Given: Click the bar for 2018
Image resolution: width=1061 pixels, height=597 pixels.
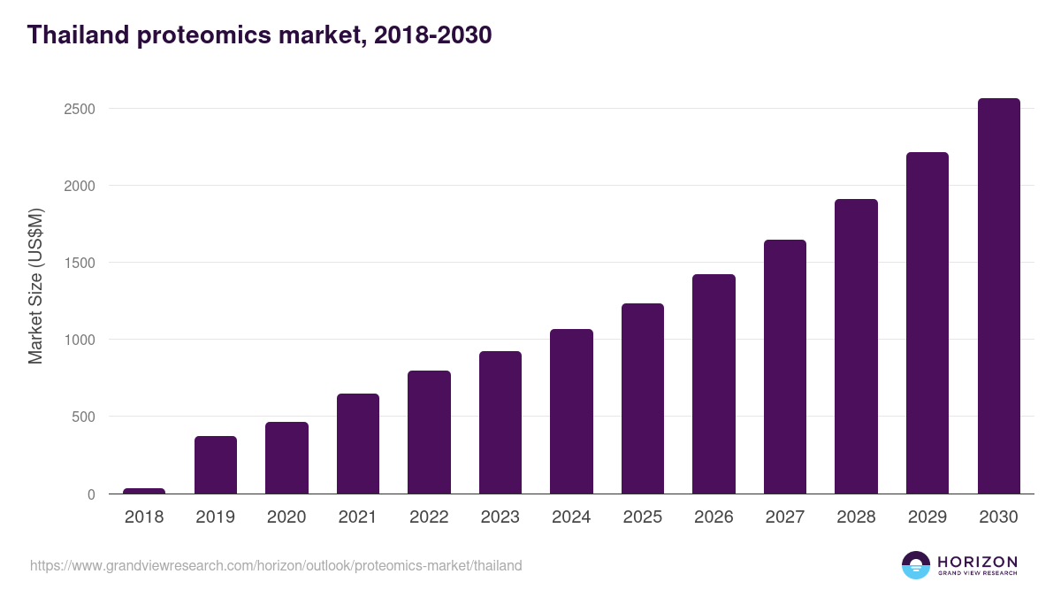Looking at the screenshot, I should point(144,491).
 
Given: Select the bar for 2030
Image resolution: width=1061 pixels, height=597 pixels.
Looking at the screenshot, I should point(998,296).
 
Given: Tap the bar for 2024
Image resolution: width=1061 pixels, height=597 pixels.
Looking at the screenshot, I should point(571,411).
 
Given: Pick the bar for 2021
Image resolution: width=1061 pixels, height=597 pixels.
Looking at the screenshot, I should point(358,444).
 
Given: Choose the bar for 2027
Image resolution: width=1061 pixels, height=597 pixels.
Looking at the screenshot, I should point(785,367).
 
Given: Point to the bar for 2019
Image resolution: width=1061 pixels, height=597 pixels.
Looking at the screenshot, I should point(216,465).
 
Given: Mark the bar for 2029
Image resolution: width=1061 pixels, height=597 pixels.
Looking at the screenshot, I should point(927,323).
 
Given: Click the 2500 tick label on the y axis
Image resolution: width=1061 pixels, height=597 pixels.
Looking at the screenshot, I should point(79,109).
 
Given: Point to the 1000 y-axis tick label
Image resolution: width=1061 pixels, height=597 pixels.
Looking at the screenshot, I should point(79,340).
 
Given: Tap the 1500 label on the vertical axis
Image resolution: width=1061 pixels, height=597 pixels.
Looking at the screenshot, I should point(79,263).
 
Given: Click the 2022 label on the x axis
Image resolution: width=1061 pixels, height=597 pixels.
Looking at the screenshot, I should point(429,517).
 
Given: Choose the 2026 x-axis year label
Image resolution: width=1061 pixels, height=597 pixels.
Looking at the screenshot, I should point(714,517).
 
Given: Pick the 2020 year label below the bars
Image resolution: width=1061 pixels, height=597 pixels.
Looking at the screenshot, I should point(286,517).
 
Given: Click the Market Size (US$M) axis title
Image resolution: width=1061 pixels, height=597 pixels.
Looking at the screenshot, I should point(35,286).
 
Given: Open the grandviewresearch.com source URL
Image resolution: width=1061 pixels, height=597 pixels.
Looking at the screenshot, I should point(276,565).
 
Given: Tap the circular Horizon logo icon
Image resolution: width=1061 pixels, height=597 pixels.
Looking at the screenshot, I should point(916,565).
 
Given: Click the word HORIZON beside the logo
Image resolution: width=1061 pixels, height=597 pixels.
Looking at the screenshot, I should point(978,561).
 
